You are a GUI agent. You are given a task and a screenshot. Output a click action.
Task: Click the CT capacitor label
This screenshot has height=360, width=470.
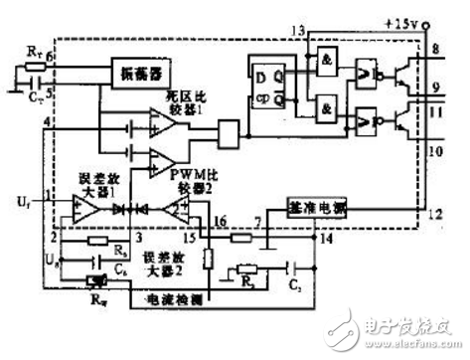point(36,97)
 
